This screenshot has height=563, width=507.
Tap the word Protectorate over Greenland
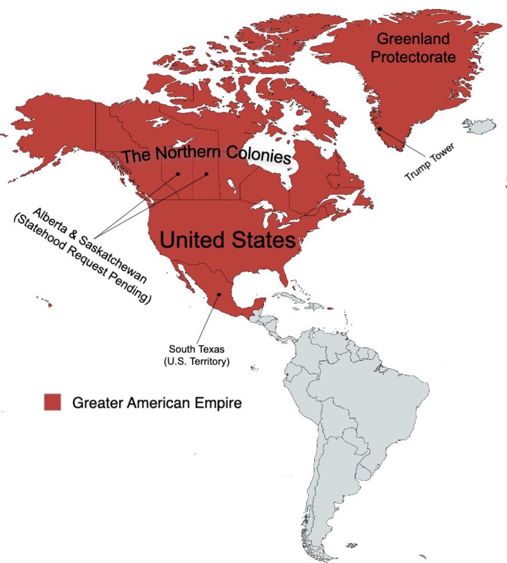click(413, 57)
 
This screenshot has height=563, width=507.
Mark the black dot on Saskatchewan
click(206, 174)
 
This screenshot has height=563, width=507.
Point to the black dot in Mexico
click(219, 294)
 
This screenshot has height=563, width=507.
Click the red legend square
click(52, 402)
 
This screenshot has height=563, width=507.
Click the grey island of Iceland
click(480, 126)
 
